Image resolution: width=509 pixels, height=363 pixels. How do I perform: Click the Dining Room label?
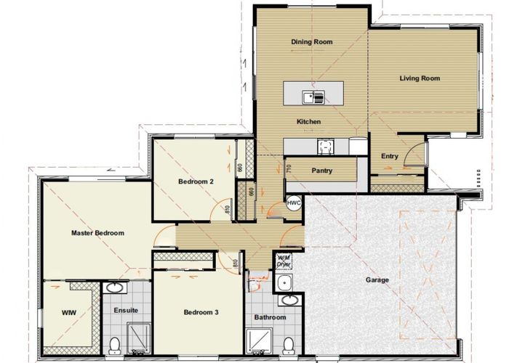click(x=312, y=42)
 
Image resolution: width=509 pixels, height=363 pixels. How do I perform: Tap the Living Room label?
click(x=420, y=78)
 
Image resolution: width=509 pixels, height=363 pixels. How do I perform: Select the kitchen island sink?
click(x=313, y=97)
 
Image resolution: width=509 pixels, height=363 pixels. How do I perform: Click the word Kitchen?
click(x=309, y=121)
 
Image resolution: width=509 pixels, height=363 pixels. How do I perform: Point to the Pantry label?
click(x=321, y=171)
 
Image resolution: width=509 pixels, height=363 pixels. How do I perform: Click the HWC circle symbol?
click(x=294, y=203)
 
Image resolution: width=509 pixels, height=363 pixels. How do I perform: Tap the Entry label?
click(x=390, y=156)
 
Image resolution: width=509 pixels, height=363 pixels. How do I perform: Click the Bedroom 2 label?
click(x=196, y=181)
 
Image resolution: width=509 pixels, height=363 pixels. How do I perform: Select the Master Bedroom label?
click(x=97, y=233)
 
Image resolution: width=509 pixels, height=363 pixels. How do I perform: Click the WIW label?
click(x=69, y=312)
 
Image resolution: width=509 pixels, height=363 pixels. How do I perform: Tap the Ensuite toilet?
click(x=115, y=346)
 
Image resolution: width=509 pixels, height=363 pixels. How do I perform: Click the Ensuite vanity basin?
click(x=115, y=287)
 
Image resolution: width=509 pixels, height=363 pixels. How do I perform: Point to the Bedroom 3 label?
click(x=201, y=312)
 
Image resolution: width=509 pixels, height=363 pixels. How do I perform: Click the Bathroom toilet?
click(x=288, y=346)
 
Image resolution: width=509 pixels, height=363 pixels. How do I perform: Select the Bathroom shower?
click(x=259, y=341)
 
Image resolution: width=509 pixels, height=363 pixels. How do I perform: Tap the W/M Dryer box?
click(x=284, y=261)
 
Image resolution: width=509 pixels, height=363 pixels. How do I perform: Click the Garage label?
click(x=377, y=280)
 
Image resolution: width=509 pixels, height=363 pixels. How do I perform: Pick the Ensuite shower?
click(x=139, y=338)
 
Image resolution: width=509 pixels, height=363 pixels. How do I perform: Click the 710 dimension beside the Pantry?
click(x=289, y=168)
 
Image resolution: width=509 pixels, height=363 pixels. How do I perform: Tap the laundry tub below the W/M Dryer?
click(x=284, y=283)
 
